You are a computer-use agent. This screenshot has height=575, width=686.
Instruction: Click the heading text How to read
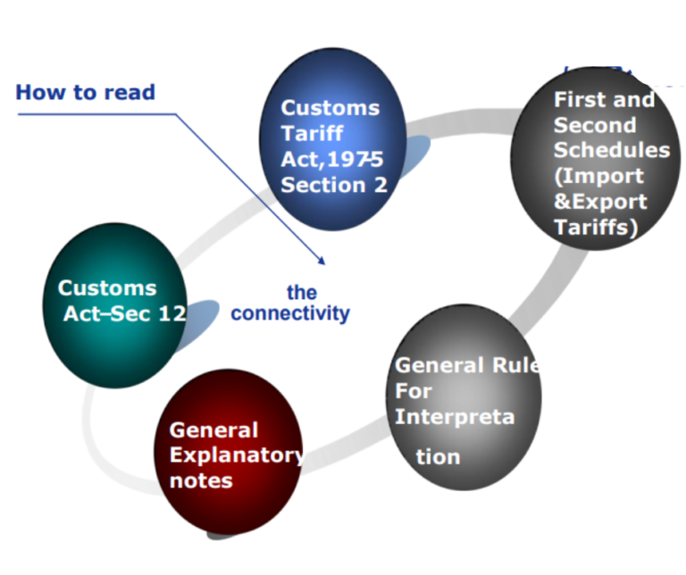(x=86, y=92)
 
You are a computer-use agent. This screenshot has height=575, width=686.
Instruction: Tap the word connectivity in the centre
(x=290, y=313)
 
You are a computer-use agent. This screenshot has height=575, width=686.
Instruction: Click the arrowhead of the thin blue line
(x=321, y=262)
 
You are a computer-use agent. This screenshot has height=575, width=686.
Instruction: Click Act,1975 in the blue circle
(x=331, y=160)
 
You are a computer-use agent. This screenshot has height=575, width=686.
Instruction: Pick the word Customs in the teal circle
(x=107, y=288)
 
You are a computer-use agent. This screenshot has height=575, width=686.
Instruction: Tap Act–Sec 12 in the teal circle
(x=124, y=313)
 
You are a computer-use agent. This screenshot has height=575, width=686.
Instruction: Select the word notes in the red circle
(x=201, y=481)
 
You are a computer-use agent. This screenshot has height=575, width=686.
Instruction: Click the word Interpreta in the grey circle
(x=455, y=417)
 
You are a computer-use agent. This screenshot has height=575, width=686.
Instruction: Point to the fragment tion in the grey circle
(x=439, y=457)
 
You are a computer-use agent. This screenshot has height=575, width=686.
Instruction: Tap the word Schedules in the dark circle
(x=612, y=149)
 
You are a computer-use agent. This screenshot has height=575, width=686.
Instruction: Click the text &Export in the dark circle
(x=600, y=201)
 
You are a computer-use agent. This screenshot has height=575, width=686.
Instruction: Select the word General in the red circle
(x=213, y=430)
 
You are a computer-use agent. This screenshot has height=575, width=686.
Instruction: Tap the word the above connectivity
(x=302, y=293)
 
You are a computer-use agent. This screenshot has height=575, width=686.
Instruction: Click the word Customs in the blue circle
(x=330, y=108)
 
